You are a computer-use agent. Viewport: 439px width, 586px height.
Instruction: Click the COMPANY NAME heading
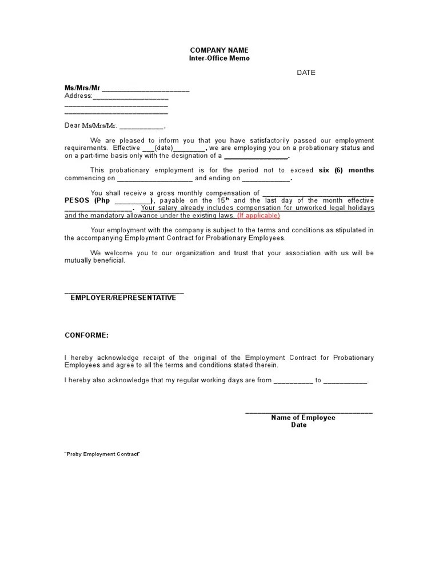point(219,50)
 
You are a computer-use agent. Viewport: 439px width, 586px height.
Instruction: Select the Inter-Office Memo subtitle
point(219,58)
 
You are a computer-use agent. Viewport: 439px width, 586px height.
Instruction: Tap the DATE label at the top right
point(306,73)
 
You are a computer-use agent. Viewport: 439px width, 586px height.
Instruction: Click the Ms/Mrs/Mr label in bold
point(82,88)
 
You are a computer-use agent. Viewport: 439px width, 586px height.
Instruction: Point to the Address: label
point(78,96)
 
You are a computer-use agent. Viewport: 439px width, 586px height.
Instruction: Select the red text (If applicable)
point(258,216)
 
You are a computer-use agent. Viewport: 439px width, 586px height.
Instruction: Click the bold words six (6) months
point(346,170)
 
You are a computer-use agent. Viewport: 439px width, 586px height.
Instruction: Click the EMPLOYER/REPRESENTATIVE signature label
point(123,298)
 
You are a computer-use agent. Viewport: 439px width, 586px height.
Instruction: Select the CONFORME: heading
point(86,335)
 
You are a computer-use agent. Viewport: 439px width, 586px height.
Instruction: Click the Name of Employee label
point(303,418)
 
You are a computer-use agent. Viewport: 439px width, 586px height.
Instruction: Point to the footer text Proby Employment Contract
point(102,454)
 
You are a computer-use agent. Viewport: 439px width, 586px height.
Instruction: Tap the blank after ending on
point(266,179)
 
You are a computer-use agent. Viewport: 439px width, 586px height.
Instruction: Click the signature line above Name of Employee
point(309,412)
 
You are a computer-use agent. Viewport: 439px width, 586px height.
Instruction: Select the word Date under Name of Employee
point(299,425)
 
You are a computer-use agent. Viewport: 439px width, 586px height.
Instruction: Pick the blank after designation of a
point(256,156)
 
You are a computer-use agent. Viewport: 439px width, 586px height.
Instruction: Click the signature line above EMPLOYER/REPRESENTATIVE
point(124,292)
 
